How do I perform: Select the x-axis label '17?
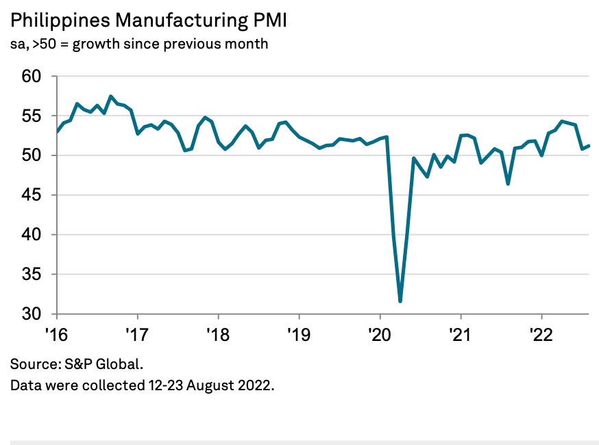click(138, 335)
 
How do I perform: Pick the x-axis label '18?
click(218, 335)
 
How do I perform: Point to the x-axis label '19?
click(299, 335)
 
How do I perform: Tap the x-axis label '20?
click(380, 335)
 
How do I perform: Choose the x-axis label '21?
click(461, 335)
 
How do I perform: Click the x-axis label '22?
click(541, 335)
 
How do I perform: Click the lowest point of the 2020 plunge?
click(400, 301)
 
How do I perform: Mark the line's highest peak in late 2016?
click(111, 97)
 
